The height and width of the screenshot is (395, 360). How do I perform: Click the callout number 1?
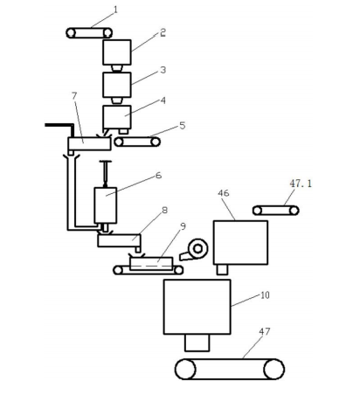pos(115,10)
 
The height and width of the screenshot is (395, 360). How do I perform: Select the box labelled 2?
pos(117,52)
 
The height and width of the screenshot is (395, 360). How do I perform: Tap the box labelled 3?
pos(117,85)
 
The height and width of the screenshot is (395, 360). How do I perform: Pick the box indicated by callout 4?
pos(117,117)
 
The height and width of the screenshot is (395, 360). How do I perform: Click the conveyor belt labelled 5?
pos(137,142)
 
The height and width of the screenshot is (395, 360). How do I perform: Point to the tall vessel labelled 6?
pos(106,205)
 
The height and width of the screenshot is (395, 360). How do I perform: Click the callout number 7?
pos(74,96)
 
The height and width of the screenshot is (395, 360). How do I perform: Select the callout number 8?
pos(165,210)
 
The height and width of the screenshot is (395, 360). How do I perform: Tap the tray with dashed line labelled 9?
pos(151,264)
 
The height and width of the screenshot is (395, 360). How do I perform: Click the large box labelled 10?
pos(197,307)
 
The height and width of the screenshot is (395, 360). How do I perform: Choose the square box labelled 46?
pos(240,243)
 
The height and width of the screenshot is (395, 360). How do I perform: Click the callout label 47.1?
pos(301,184)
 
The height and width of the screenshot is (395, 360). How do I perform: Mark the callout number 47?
pos(265,331)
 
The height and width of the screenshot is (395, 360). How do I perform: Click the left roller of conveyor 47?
pos(185,369)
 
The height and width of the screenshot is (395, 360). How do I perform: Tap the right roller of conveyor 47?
pos(273,369)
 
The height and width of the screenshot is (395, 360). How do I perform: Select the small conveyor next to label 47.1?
pos(275,211)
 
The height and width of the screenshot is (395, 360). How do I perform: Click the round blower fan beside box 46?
pos(197,249)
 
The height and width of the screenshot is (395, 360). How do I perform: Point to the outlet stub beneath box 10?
pos(197,343)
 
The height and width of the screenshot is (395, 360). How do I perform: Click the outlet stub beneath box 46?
pos(222,269)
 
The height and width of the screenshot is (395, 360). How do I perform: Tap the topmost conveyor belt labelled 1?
pos(89,33)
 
